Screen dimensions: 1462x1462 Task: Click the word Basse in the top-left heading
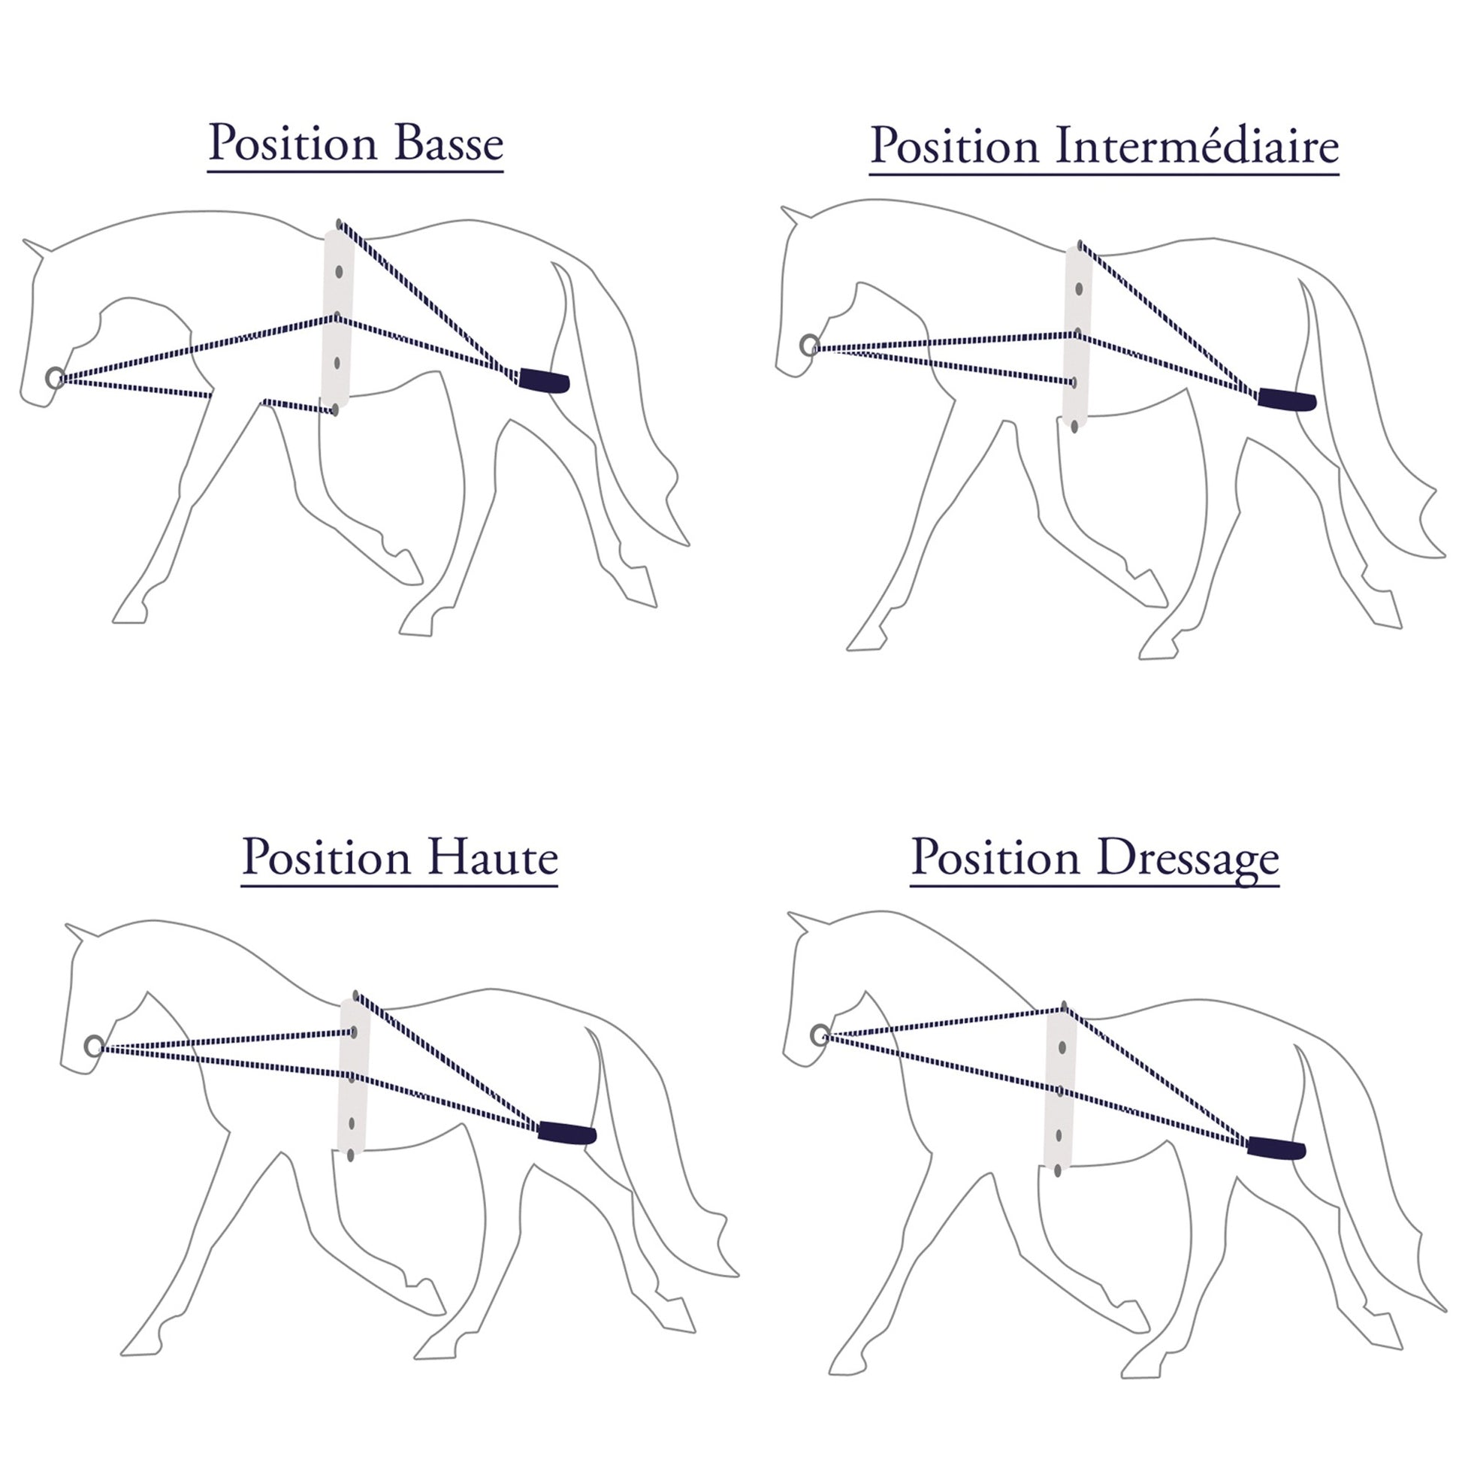(x=449, y=142)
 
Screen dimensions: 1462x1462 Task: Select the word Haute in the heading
(x=493, y=858)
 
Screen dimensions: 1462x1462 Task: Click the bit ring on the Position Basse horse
(x=56, y=378)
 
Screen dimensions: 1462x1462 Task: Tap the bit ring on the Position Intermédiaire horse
(x=810, y=346)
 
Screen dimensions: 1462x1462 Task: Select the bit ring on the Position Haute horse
(x=94, y=1047)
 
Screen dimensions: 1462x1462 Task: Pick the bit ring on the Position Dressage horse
(x=820, y=1035)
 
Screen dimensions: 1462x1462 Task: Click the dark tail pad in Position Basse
(x=544, y=381)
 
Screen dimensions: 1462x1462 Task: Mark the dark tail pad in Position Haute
(x=567, y=1133)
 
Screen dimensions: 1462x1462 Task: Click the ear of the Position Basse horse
(x=36, y=248)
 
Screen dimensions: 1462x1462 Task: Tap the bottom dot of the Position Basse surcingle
(x=334, y=410)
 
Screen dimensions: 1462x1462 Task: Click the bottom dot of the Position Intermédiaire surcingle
(x=1074, y=427)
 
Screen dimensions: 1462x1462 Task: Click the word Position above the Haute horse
(x=327, y=858)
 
